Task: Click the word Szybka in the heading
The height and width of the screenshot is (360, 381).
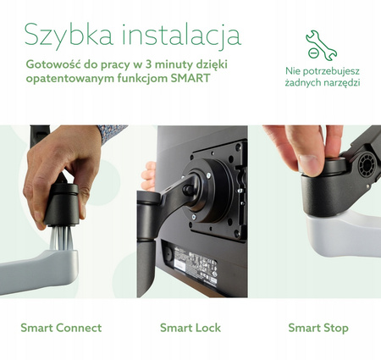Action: [68, 36]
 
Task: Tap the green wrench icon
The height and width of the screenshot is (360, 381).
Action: [317, 44]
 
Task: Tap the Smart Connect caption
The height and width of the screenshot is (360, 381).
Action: [61, 328]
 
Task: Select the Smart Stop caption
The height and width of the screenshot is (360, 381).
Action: [317, 328]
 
